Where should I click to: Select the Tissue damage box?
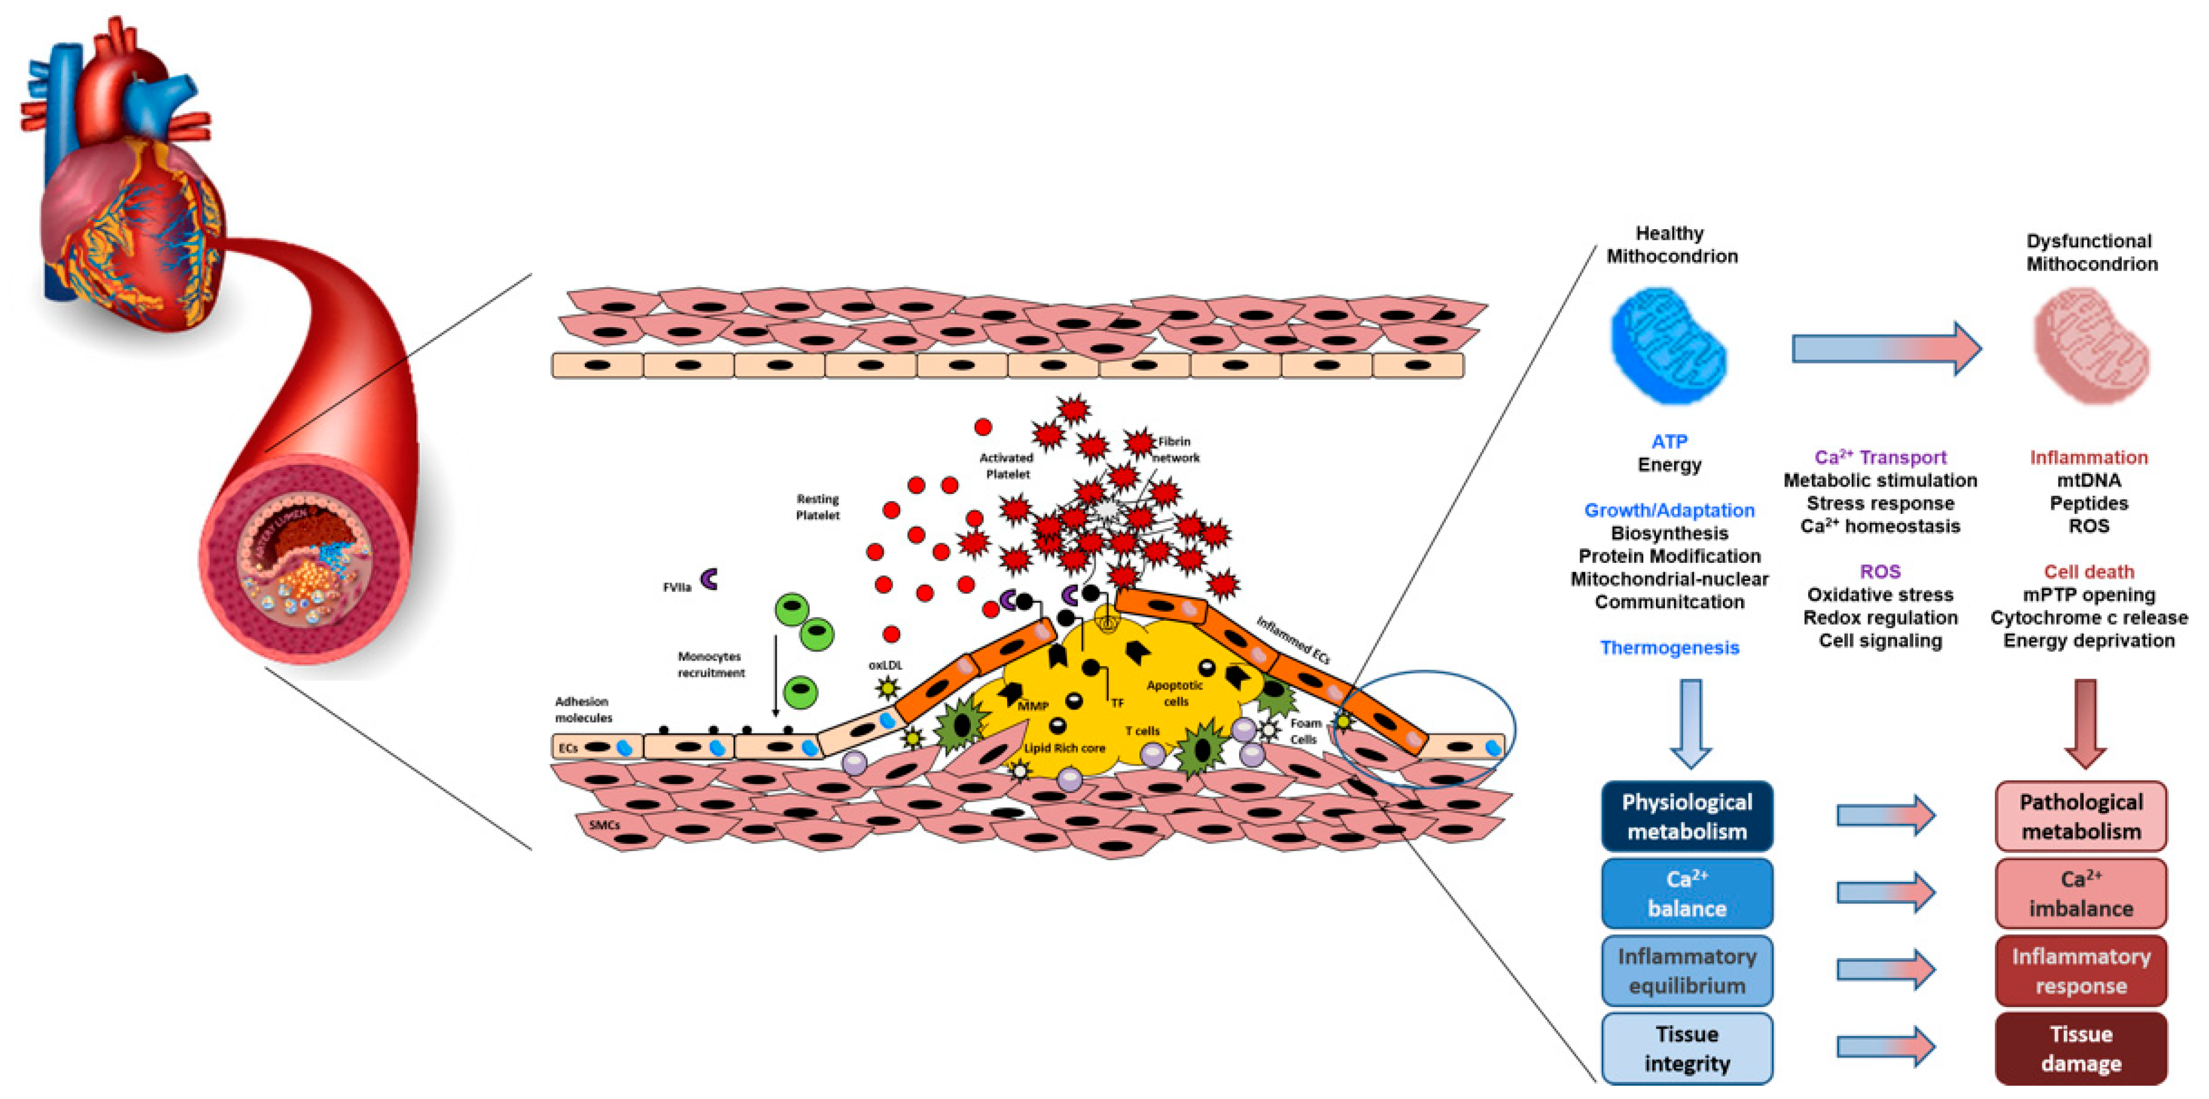click(2080, 1048)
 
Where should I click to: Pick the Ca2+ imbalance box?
click(2080, 893)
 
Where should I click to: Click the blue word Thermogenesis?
click(1669, 647)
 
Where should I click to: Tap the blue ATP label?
click(1669, 442)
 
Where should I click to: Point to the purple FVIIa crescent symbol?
click(709, 579)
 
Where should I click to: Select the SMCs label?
click(605, 825)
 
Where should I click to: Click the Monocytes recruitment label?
click(711, 664)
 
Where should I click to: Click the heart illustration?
click(129, 197)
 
